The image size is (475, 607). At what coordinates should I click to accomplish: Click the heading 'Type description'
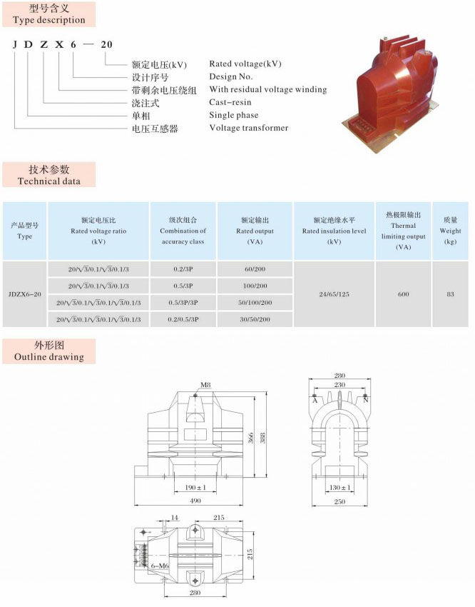click(48, 20)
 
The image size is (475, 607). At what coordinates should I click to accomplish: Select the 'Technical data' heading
click(48, 181)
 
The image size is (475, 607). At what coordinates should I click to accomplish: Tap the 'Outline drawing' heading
click(48, 356)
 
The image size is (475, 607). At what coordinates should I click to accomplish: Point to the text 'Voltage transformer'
click(248, 128)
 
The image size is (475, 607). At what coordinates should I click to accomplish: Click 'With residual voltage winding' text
click(267, 90)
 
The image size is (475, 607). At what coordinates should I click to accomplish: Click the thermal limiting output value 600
click(403, 294)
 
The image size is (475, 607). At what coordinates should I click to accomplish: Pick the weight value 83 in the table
click(450, 294)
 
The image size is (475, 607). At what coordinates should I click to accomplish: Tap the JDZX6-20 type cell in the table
click(25, 294)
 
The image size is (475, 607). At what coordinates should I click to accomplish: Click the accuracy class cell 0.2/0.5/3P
click(183, 319)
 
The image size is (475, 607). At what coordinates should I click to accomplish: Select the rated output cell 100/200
click(255, 286)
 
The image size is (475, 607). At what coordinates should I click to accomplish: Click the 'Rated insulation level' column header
click(334, 231)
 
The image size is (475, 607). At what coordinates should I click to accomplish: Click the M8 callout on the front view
click(205, 385)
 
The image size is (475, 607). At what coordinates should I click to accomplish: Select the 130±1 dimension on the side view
click(340, 488)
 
